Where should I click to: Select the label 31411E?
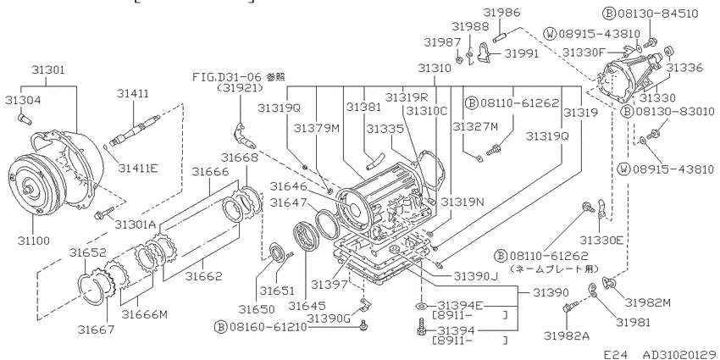pyautogui.click(x=137, y=168)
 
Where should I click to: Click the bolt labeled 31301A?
pyautogui.click(x=103, y=214)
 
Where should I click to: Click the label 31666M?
pyautogui.click(x=144, y=314)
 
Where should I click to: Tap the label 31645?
pyautogui.click(x=307, y=305)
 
